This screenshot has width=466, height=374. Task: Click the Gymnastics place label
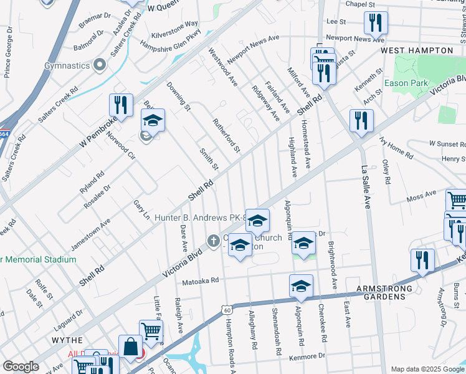67,65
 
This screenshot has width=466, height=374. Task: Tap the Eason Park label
405,83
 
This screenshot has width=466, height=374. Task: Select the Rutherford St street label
226,135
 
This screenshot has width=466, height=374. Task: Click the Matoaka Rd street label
200,280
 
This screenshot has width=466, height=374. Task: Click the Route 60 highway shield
227,310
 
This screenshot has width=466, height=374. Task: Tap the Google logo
21,367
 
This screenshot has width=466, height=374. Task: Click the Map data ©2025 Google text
427,369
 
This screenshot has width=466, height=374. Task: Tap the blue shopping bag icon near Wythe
132,347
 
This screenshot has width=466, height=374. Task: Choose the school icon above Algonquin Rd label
304,242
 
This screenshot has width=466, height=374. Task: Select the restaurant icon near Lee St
376,22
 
